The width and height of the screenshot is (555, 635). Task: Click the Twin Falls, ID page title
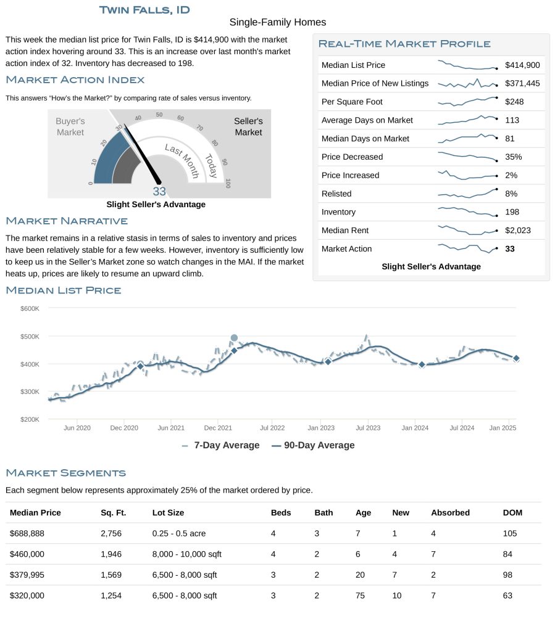click(144, 10)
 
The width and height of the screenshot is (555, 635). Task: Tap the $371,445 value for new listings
click(522, 83)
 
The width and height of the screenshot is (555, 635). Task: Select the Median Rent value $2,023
click(518, 231)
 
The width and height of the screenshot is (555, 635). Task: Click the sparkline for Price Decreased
click(468, 157)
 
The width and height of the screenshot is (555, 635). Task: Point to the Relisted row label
click(336, 194)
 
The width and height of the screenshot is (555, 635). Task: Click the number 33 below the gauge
click(159, 191)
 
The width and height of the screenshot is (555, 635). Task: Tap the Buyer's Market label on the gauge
click(70, 127)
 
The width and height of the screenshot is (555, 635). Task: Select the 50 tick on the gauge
click(159, 115)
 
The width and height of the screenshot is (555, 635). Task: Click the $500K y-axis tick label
click(30, 337)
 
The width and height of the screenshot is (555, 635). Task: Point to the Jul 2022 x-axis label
click(272, 428)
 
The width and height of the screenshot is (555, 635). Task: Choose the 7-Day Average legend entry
click(221, 445)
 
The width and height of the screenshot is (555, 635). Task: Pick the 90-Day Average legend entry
click(313, 445)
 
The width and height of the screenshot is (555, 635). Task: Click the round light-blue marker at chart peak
click(234, 338)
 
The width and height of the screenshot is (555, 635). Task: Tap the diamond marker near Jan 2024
click(422, 364)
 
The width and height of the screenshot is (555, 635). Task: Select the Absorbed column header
click(451, 513)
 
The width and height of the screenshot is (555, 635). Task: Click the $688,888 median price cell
click(27, 533)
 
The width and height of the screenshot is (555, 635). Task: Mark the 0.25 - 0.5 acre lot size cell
click(179, 533)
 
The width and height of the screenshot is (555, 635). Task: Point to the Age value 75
click(360, 596)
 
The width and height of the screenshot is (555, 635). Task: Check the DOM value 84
click(507, 554)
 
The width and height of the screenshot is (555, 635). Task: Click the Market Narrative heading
click(67, 221)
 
